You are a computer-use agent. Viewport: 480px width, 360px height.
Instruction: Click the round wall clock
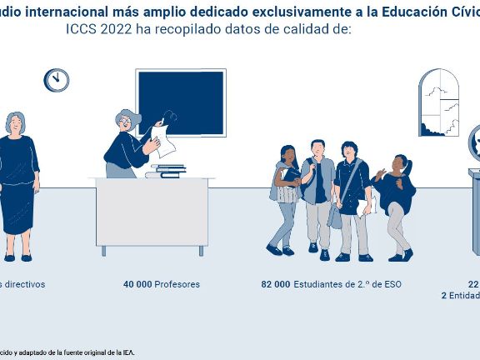(x=57, y=80)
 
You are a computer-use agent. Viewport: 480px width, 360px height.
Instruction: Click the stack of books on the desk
(x=167, y=171)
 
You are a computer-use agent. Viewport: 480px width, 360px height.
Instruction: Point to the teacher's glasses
(x=125, y=121)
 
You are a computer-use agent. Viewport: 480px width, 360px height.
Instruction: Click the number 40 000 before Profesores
(x=137, y=284)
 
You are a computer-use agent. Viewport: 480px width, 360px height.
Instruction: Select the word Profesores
(x=177, y=284)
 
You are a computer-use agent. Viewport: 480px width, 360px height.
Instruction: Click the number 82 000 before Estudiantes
(x=276, y=284)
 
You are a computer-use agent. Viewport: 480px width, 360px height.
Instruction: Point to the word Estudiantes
(x=320, y=284)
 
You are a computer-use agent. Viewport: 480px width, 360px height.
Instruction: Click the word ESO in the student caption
(x=392, y=284)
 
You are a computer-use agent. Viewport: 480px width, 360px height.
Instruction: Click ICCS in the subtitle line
(x=81, y=28)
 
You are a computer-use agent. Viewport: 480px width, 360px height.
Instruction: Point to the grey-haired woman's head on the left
(x=15, y=123)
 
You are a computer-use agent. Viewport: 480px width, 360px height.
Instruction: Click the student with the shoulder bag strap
(x=352, y=196)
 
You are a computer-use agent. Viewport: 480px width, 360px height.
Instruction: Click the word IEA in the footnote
(x=128, y=352)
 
